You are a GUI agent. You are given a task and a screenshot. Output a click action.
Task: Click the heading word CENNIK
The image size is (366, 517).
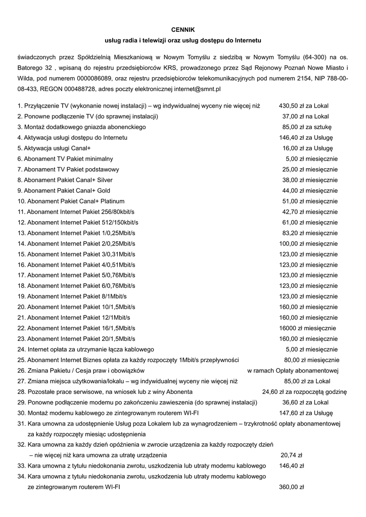182,30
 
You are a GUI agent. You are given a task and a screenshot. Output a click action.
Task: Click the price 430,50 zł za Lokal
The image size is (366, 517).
303,106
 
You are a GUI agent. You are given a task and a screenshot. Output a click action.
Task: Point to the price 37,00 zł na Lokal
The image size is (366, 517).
305,116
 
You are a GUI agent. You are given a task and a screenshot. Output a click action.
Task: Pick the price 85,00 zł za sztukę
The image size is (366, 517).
307,127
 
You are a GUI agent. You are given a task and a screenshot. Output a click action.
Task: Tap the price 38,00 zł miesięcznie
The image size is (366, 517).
310,180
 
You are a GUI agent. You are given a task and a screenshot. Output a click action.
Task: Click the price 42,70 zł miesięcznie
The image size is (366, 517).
310,212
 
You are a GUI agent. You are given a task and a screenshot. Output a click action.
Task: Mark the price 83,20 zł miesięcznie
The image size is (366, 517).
310,233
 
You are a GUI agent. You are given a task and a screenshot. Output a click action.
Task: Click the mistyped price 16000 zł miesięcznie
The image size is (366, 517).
307,328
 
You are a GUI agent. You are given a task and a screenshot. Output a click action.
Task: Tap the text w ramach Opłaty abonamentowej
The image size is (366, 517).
293,371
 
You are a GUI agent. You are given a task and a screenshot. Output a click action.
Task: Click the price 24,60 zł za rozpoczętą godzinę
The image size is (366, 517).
304,392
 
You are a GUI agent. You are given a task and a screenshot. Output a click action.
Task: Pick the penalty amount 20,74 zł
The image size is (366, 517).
291,454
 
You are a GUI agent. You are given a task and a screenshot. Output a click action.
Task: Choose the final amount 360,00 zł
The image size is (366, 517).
291,487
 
